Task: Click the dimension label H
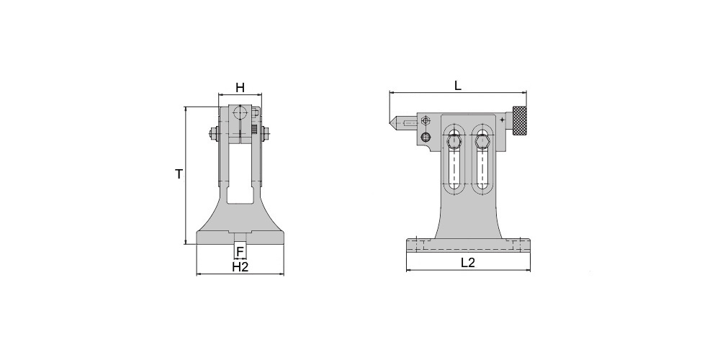click(x=240, y=87)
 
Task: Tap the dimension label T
click(x=179, y=174)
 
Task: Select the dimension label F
click(x=240, y=251)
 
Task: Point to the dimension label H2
click(x=240, y=267)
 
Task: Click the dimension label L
click(x=458, y=85)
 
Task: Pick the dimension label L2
click(x=468, y=263)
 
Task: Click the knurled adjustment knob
click(x=520, y=121)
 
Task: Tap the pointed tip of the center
click(x=390, y=123)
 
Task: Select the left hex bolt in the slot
click(x=454, y=140)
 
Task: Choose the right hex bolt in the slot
click(x=482, y=140)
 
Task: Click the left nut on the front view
click(x=213, y=134)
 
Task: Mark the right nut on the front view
click(x=265, y=134)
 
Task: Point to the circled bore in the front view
click(x=240, y=112)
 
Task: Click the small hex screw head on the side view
click(x=426, y=121)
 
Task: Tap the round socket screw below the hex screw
click(x=426, y=137)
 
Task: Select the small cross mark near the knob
click(x=503, y=120)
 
